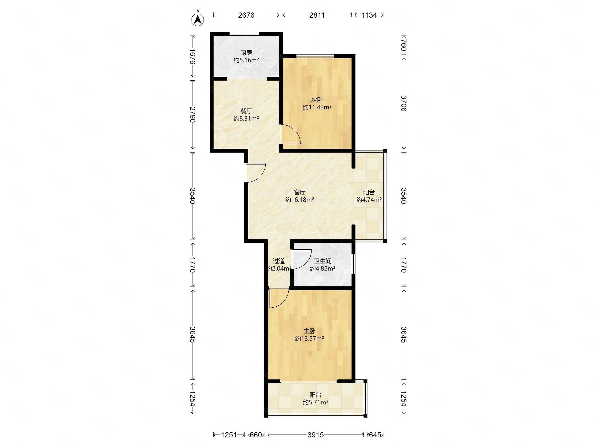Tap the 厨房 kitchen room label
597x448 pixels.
pos(246,53)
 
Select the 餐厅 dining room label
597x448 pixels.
pos(246,111)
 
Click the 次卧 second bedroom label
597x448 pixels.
pos(317,100)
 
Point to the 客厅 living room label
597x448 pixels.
pos(299,192)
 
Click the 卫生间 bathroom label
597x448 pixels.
pos(323,261)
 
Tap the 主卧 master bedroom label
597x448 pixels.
pos(309,331)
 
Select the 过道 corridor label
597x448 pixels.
pos(279,261)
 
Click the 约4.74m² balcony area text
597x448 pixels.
pos(369,200)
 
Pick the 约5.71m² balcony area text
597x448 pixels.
pos(315,402)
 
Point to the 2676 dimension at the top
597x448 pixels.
pos(246,15)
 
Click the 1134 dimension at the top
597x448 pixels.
pos(369,15)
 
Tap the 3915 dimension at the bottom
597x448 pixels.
pos(315,435)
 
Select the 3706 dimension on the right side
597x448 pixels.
pos(403,103)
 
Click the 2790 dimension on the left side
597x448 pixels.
pos(193,114)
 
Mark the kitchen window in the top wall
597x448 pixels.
pos(244,34)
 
